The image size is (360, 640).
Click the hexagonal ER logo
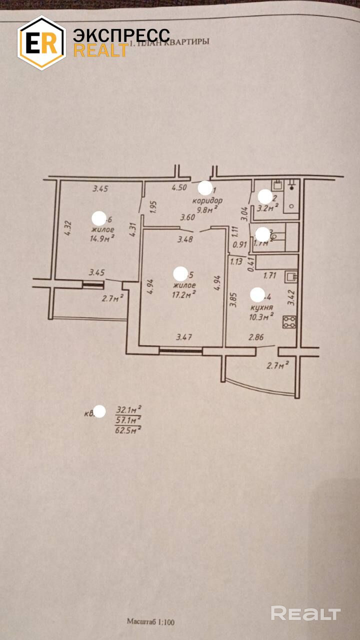41,43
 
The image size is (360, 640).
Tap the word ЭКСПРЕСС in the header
121,35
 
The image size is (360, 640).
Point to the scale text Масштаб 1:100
150,622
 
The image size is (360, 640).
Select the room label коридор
207,201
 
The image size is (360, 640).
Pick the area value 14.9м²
102,238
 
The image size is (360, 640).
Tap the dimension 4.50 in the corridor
179,188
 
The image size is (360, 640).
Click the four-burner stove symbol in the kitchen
289,322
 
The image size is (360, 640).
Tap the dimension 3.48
185,238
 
